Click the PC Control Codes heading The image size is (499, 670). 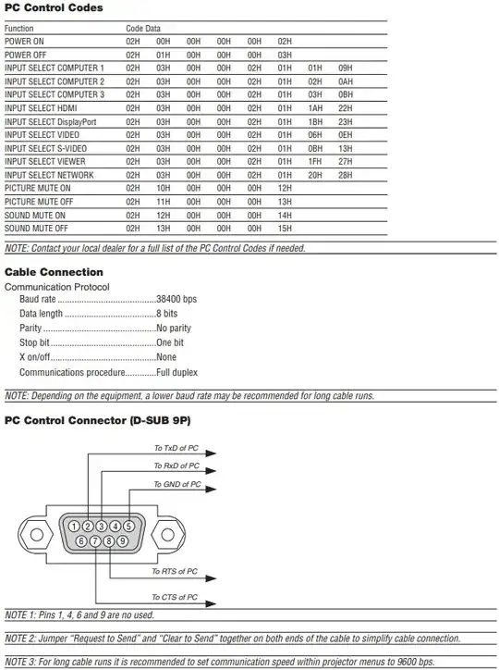click(x=54, y=8)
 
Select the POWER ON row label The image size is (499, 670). click(x=23, y=42)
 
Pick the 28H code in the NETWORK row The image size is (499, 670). click(x=345, y=175)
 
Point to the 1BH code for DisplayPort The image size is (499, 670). click(x=315, y=121)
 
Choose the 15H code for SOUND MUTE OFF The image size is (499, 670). click(x=285, y=228)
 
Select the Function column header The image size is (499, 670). click(x=19, y=29)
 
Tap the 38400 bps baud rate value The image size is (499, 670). click(x=176, y=300)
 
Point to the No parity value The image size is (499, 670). click(x=174, y=329)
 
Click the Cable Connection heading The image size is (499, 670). click(x=54, y=272)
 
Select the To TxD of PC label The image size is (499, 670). click(x=176, y=449)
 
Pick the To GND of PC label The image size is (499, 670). click(x=177, y=484)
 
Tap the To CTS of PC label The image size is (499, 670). click(x=175, y=597)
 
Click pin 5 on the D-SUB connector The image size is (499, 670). click(x=128, y=527)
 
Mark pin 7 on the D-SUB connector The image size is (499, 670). click(x=95, y=541)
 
